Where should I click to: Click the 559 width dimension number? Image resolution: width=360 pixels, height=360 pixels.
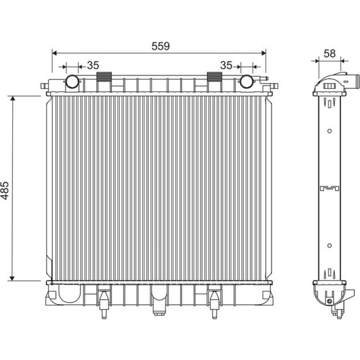click(161, 46)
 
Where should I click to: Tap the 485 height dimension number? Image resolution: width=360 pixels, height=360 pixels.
click(5, 190)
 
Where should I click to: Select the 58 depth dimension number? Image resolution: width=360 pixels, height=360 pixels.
click(329, 54)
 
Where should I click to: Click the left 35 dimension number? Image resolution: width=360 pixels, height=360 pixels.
click(93, 66)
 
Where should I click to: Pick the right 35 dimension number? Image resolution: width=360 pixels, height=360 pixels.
click(226, 66)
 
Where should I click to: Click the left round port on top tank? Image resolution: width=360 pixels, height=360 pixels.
click(72, 81)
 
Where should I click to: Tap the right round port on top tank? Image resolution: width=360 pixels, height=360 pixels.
click(247, 81)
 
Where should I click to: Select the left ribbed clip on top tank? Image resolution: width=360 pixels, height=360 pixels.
click(104, 77)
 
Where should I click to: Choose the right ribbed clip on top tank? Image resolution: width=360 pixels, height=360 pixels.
click(215, 77)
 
